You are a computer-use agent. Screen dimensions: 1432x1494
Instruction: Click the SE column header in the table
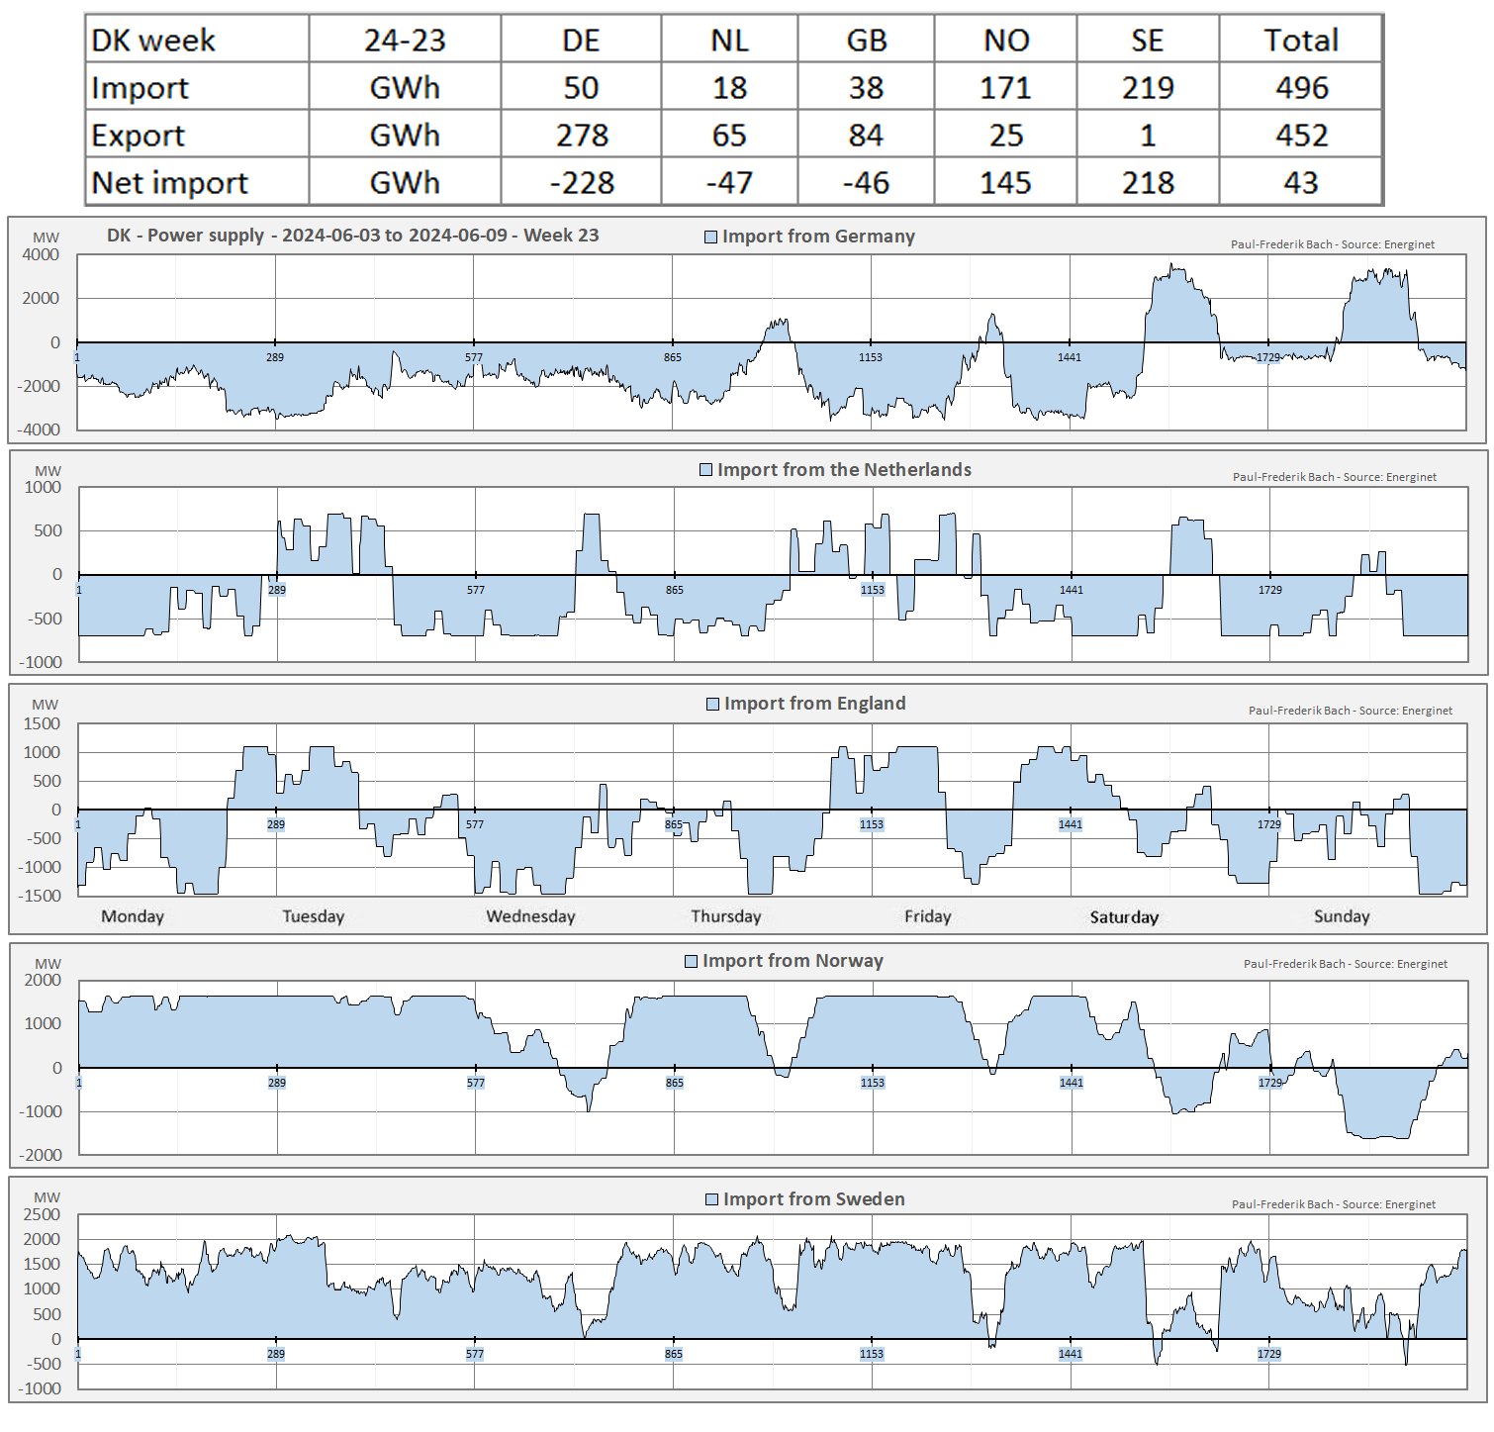coord(1147,41)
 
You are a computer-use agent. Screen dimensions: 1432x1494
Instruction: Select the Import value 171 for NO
coord(1005,88)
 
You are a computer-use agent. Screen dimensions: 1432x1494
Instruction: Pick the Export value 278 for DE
coord(582,136)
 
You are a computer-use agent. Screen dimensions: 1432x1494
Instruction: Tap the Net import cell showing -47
coord(729,183)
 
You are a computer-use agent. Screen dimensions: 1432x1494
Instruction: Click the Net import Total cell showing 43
coord(1301,183)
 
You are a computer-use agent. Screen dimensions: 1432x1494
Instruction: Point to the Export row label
coord(139,136)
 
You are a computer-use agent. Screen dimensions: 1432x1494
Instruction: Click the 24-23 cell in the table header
coord(405,41)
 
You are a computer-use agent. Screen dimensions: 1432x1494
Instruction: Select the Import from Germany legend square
coord(710,237)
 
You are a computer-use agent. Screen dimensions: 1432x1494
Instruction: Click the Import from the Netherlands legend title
coord(844,470)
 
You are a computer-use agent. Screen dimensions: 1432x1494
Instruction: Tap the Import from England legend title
coord(814,704)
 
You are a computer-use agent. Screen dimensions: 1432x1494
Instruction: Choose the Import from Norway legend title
coord(793,961)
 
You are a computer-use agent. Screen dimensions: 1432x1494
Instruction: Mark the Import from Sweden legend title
coord(813,1199)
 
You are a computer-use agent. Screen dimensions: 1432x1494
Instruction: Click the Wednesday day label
coord(530,916)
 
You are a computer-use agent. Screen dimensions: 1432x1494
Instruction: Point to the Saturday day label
coord(1124,917)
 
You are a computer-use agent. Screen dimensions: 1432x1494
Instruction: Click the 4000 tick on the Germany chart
coord(42,255)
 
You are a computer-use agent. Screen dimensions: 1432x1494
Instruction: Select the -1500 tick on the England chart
coord(40,896)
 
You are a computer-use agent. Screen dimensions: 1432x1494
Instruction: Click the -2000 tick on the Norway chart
coord(41,1155)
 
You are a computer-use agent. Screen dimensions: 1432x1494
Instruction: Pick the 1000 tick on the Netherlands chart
coord(43,488)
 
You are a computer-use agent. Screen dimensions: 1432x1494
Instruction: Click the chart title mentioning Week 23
coord(352,236)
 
